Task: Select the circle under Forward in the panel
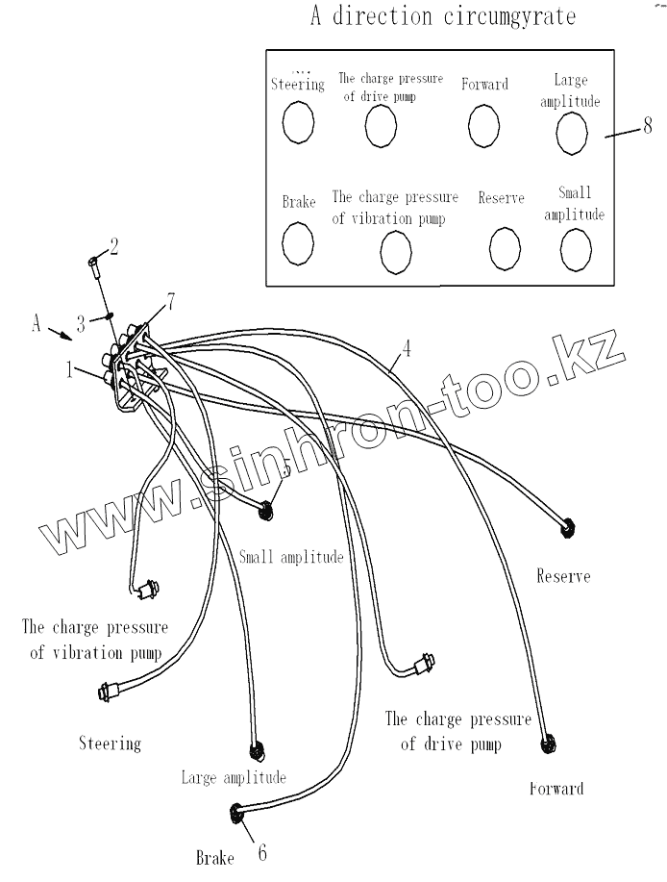click(x=485, y=126)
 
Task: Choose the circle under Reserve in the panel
click(x=505, y=249)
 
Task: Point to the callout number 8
click(x=647, y=125)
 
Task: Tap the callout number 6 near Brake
click(x=260, y=851)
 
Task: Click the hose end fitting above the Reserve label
click(x=567, y=525)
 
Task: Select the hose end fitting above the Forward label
click(x=549, y=743)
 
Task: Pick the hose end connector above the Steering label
click(x=108, y=690)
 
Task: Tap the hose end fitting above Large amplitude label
click(x=256, y=751)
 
